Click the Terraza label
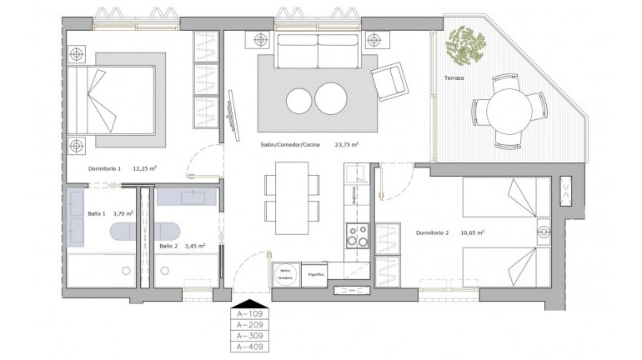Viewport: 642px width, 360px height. [454, 78]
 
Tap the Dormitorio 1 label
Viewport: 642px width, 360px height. [105, 168]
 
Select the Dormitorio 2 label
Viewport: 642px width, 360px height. [433, 232]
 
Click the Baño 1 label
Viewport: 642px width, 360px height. [98, 213]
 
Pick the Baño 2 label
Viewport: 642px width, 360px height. [168, 247]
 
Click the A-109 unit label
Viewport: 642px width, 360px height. [250, 314]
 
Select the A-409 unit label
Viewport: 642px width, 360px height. [250, 346]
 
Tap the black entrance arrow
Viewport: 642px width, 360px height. [250, 303]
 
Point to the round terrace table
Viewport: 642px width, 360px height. [507, 109]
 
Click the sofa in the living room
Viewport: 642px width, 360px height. [318, 55]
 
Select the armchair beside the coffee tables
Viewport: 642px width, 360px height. [389, 82]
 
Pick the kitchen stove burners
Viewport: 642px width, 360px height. [358, 237]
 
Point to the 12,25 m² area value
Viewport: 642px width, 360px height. [143, 168]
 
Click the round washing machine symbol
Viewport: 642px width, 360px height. [285, 274]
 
